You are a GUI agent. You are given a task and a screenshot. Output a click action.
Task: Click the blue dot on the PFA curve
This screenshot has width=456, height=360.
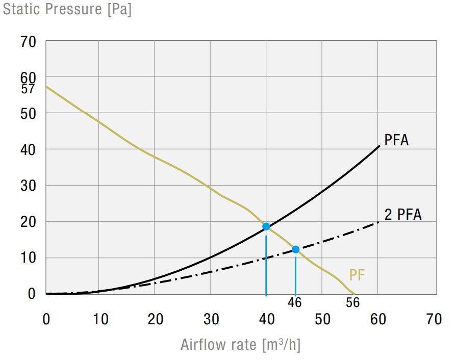[x=266, y=226]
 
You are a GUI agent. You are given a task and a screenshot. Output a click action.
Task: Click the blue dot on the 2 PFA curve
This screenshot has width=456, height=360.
[x=295, y=249]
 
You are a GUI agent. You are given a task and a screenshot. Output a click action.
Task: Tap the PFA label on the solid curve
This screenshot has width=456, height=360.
[x=396, y=140]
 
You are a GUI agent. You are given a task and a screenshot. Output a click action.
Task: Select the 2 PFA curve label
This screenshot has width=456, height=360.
[x=403, y=215]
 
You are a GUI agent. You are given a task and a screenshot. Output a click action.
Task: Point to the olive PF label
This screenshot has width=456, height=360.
[x=357, y=275]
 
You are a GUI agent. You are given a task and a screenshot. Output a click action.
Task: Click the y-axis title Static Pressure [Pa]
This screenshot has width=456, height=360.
[x=67, y=10]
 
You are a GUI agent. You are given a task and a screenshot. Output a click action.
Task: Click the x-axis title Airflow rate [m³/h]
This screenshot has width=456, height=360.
[x=240, y=345]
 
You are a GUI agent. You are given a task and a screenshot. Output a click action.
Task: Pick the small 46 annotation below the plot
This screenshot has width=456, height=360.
[x=294, y=302]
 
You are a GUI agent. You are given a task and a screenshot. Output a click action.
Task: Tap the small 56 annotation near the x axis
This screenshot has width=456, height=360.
[x=352, y=302]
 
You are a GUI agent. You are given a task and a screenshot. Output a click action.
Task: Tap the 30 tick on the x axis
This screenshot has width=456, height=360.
[x=211, y=320]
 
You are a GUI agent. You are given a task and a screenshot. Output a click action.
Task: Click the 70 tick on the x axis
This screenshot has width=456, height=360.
[x=433, y=320]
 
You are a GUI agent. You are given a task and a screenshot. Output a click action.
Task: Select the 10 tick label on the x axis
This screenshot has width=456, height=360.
[x=100, y=320]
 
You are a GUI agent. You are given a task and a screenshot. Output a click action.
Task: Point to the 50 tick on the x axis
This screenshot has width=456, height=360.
[x=322, y=320]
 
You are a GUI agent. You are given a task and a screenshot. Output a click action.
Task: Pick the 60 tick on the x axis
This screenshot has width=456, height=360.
[x=377, y=320]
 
